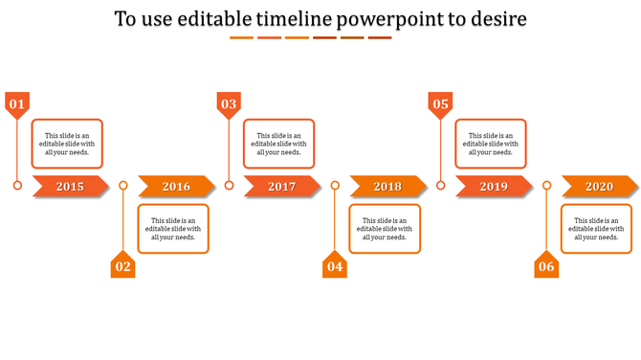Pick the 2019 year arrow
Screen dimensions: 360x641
click(494, 187)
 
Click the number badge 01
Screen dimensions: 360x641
click(17, 103)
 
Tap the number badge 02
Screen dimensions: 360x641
click(122, 266)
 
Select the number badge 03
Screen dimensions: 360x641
click(229, 103)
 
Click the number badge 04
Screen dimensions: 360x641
click(335, 266)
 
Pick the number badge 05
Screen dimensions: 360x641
click(440, 103)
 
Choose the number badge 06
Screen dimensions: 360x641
click(546, 266)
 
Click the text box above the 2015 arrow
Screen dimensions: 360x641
click(67, 144)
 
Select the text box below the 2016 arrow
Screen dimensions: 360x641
click(173, 229)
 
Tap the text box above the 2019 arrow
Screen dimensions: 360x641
click(491, 144)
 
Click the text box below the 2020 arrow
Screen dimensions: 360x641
click(596, 229)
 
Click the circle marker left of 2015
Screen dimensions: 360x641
click(17, 186)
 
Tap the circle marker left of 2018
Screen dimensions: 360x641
click(335, 186)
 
